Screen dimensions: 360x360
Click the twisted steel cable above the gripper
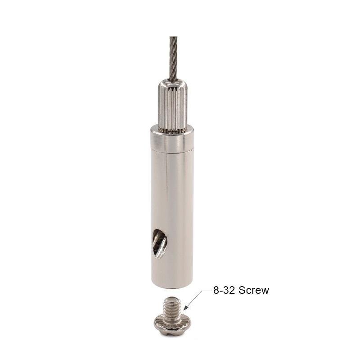pyautogui.click(x=174, y=58)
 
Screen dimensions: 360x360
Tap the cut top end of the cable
pyautogui.click(x=174, y=37)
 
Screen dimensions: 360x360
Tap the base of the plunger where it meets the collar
pyautogui.click(x=173, y=130)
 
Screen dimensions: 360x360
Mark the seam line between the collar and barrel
pyautogui.click(x=172, y=149)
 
